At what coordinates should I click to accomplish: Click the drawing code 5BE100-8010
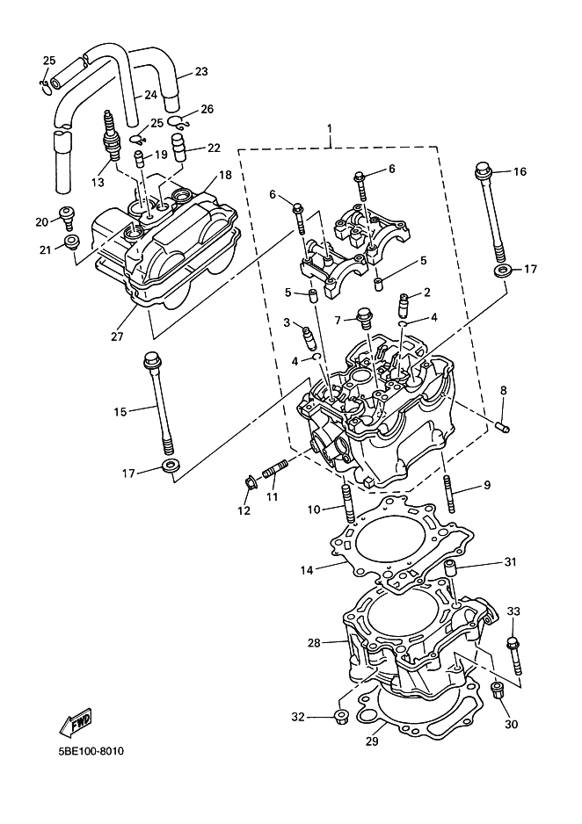point(91,751)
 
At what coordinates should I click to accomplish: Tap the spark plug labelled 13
point(111,136)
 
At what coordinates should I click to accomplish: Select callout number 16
point(520,172)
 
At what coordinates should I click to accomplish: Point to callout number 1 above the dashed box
point(330,128)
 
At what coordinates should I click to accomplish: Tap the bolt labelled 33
point(514,655)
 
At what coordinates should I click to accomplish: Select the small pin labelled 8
point(503,428)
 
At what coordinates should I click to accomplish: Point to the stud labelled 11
point(274,468)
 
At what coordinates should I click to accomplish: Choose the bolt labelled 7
point(364,318)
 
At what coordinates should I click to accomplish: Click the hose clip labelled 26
point(178,122)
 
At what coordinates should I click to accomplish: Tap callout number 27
point(117,336)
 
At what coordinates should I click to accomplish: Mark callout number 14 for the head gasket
point(307,569)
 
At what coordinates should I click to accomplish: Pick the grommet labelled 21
point(71,242)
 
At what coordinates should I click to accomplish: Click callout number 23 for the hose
point(201,71)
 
